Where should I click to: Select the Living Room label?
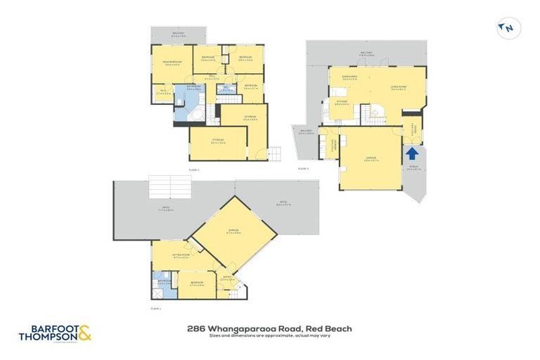399,88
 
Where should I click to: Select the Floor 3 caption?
304,169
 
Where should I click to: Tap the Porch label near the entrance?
413,168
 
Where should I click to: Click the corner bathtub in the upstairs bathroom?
198,115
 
